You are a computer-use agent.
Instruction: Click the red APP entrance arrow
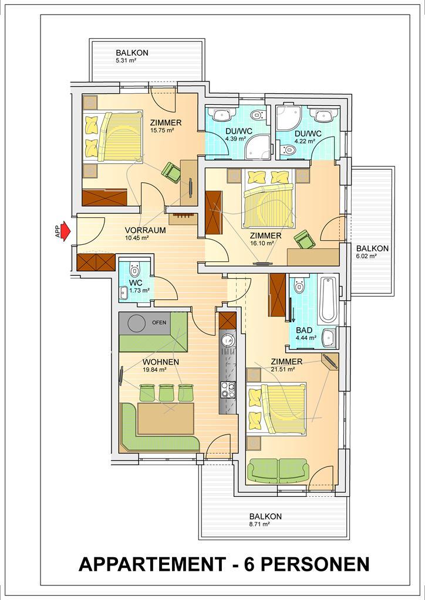[66, 231]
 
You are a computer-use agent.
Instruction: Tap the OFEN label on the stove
[159, 323]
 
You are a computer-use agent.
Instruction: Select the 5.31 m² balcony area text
[126, 60]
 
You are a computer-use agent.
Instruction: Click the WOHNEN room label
[161, 362]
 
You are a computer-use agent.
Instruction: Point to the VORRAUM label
[145, 230]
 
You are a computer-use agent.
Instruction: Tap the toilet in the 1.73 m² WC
[134, 270]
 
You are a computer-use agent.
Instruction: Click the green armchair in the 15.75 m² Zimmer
[171, 172]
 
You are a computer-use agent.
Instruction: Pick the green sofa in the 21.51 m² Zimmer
[279, 471]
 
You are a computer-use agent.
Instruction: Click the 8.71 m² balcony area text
[260, 524]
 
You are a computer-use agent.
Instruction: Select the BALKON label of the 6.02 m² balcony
[373, 248]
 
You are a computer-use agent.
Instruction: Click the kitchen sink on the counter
[228, 340]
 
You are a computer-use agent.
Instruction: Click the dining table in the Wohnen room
[166, 418]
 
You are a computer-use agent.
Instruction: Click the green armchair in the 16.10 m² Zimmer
[305, 240]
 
